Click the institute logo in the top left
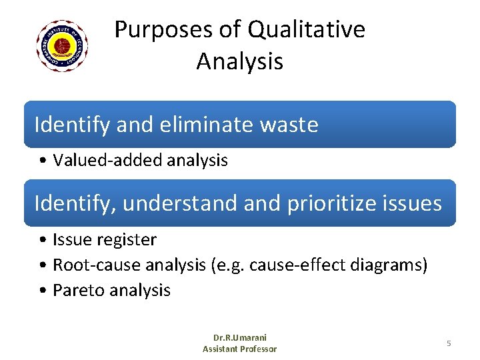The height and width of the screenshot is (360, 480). pos(62,46)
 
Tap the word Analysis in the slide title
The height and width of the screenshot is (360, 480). pos(239,62)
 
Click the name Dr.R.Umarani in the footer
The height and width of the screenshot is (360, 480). pos(239,338)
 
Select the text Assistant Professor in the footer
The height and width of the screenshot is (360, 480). pos(239,349)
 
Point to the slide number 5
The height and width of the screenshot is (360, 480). pos(449,343)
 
